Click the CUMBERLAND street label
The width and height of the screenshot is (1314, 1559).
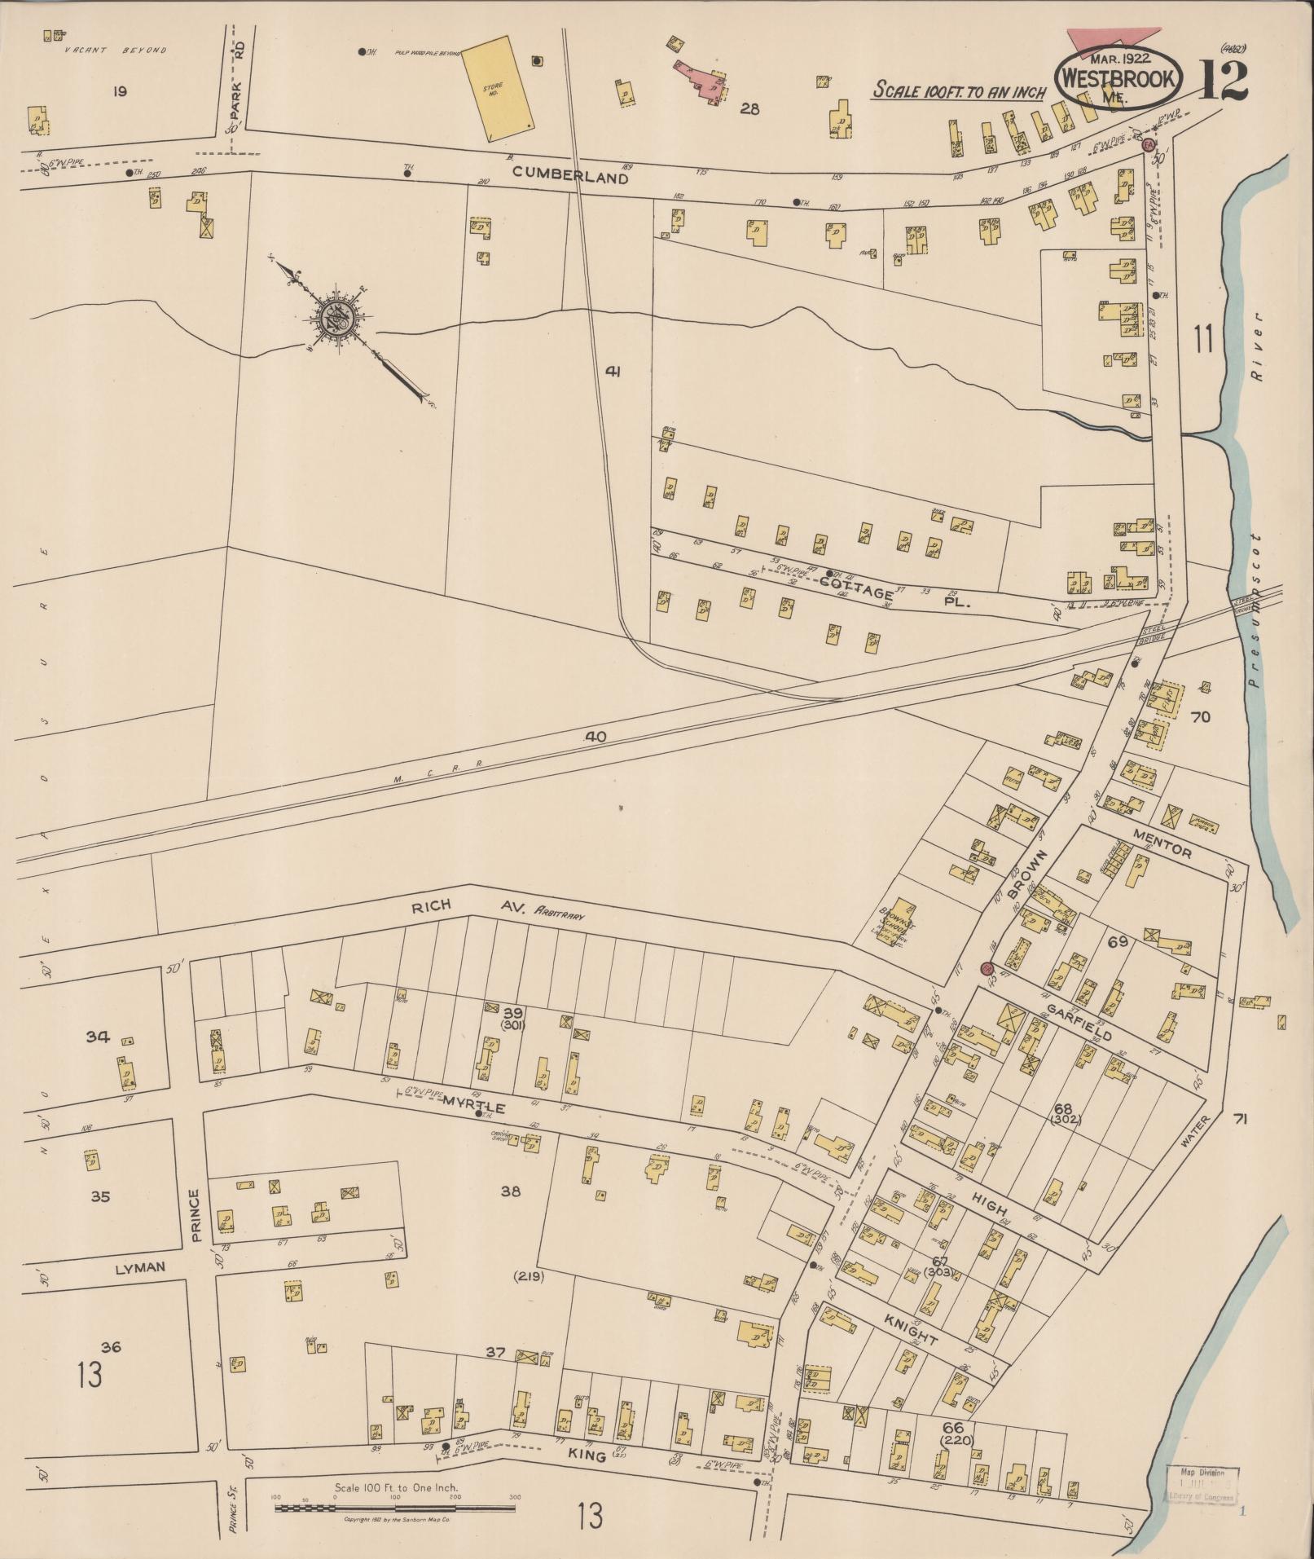570,175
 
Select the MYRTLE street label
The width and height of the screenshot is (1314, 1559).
474,1108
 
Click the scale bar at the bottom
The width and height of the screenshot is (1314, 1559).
395,1508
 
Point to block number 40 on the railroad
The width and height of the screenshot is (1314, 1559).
595,737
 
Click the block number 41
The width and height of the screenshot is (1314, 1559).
613,372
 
